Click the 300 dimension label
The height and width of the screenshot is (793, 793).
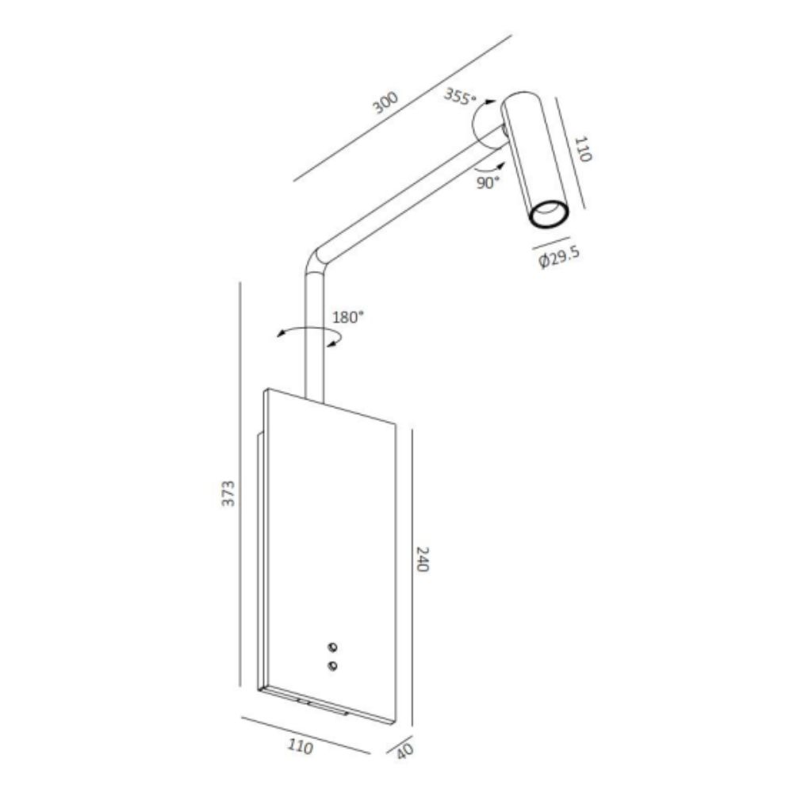tap(386, 102)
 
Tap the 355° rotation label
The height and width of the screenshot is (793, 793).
tap(460, 96)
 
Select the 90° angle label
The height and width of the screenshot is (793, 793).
tap(488, 182)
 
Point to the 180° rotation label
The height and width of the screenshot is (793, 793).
tap(348, 318)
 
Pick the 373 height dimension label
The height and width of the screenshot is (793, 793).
tap(228, 493)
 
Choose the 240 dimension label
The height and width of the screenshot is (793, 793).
tap(423, 559)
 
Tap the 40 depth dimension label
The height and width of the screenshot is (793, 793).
tap(404, 750)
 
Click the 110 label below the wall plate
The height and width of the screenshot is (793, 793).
tap(301, 746)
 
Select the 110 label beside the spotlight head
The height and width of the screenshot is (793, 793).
tap(583, 149)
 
